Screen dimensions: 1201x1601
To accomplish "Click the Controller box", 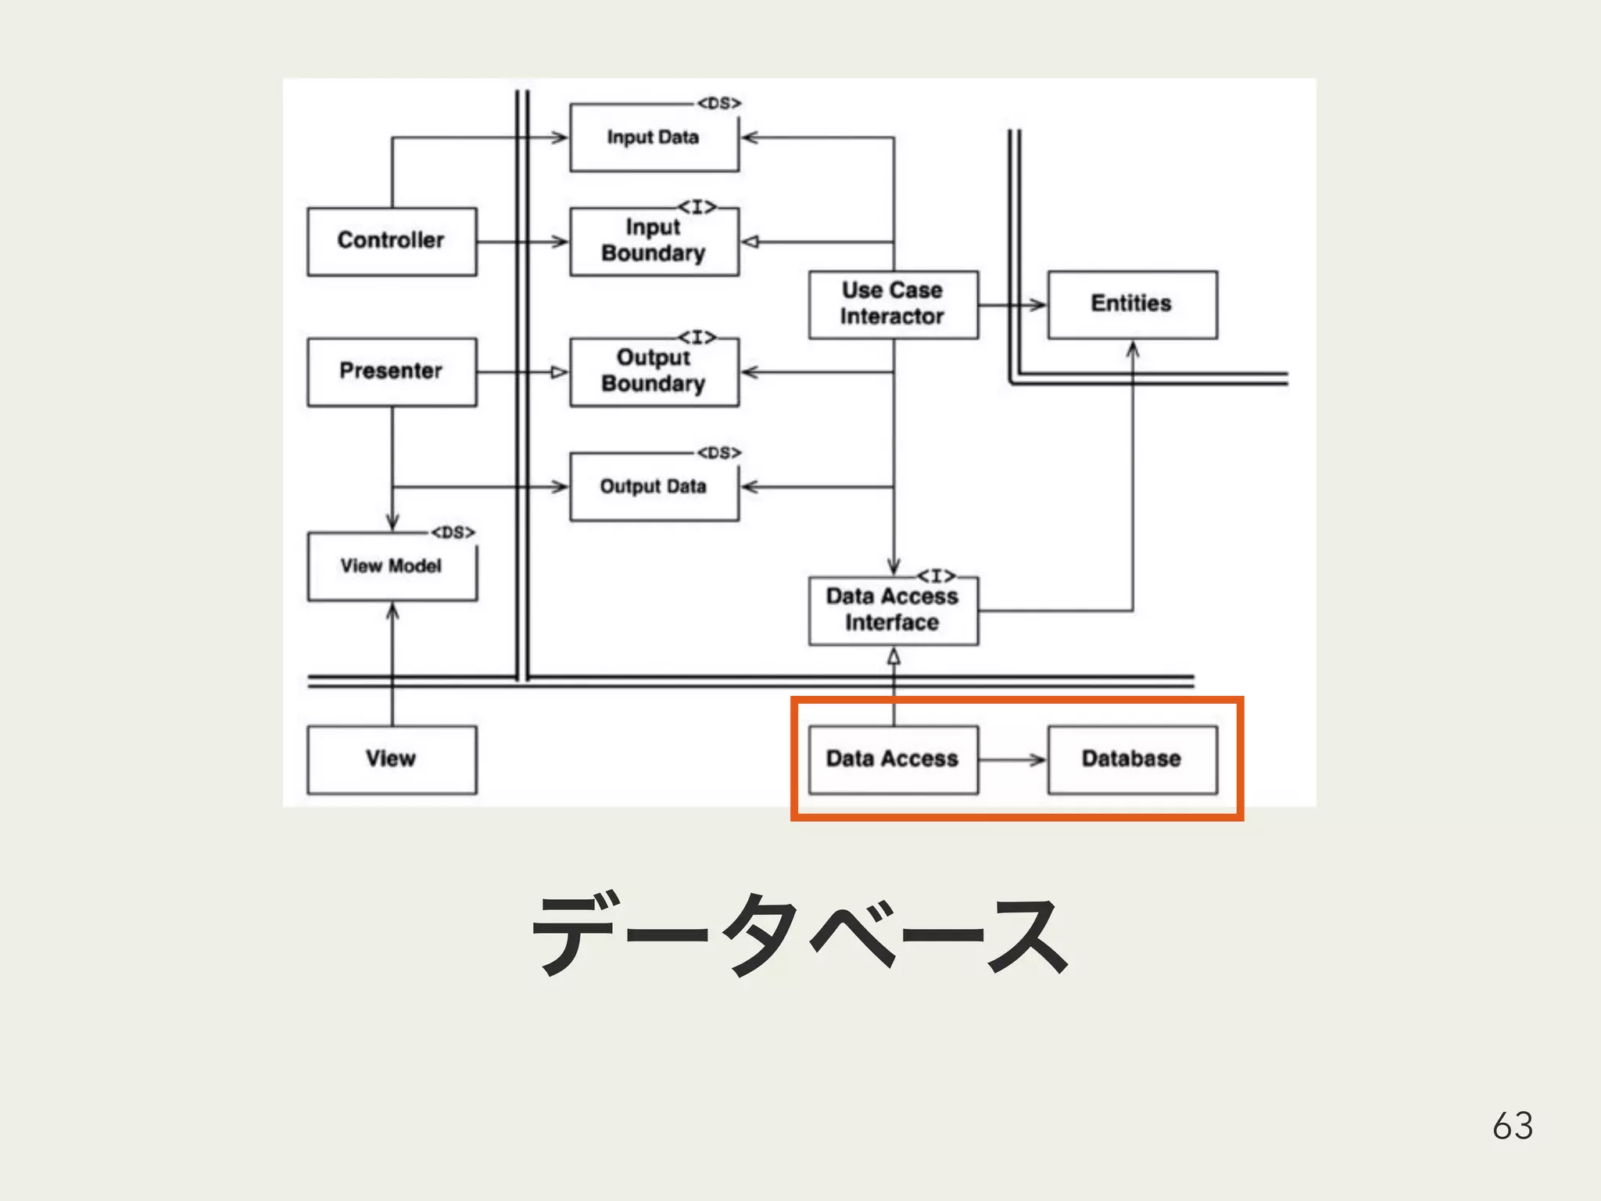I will pos(392,241).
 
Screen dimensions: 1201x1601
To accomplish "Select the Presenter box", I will pos(392,371).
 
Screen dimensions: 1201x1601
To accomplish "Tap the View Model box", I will pos(392,566).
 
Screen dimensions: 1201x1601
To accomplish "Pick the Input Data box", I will pos(654,138).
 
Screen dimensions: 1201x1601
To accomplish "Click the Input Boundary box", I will pos(654,241).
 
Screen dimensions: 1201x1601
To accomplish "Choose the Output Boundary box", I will pos(654,371).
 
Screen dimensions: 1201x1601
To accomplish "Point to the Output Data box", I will pos(654,486).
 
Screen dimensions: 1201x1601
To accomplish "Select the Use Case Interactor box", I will pos(893,304).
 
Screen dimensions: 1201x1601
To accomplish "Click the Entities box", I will pos(1132,304).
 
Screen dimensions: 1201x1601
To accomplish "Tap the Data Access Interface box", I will pos(893,610).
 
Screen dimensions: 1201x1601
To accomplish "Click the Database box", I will pos(1132,759).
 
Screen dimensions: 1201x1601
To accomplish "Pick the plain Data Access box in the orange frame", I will pos(893,759).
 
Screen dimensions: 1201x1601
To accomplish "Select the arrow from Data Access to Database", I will pos(1013,759).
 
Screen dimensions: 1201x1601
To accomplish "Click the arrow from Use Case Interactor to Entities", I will pos(1013,304).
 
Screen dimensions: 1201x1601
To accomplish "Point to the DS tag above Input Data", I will pos(719,103).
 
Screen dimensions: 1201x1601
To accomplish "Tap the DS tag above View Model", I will pos(453,532).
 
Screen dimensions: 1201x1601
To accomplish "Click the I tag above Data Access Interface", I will pos(937,576).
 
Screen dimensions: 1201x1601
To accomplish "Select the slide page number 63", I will pos(1513,1126).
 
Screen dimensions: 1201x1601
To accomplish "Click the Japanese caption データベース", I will pos(799,934).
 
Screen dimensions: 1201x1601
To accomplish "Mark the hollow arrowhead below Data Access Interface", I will pos(894,658).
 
